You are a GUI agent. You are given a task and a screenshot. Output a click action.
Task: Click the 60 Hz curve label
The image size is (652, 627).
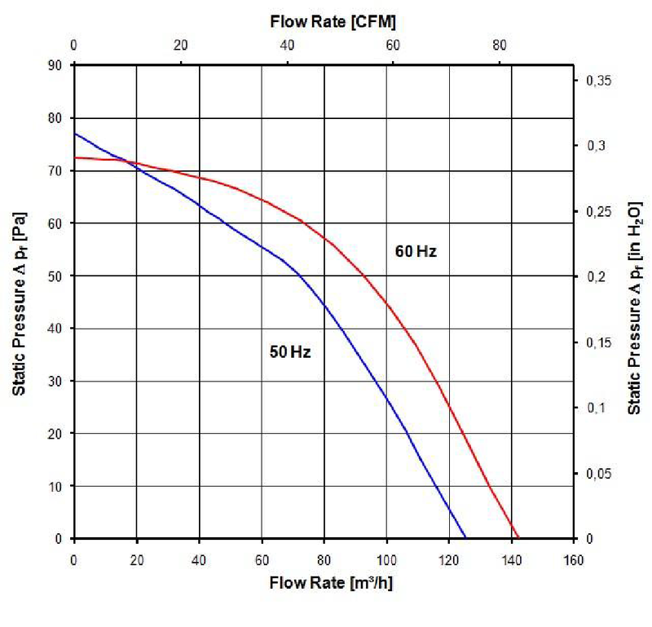(416, 251)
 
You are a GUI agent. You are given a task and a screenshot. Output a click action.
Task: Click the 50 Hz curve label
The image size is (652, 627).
(291, 353)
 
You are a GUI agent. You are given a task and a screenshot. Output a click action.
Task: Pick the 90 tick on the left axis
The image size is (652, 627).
(57, 65)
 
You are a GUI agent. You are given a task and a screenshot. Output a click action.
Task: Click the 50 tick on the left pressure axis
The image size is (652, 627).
(57, 276)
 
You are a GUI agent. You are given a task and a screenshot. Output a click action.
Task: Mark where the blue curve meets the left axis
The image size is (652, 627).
(74, 134)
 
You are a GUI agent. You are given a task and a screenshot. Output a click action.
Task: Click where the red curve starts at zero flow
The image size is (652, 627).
(74, 157)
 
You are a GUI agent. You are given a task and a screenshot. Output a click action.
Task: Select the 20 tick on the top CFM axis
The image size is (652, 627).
(180, 45)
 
